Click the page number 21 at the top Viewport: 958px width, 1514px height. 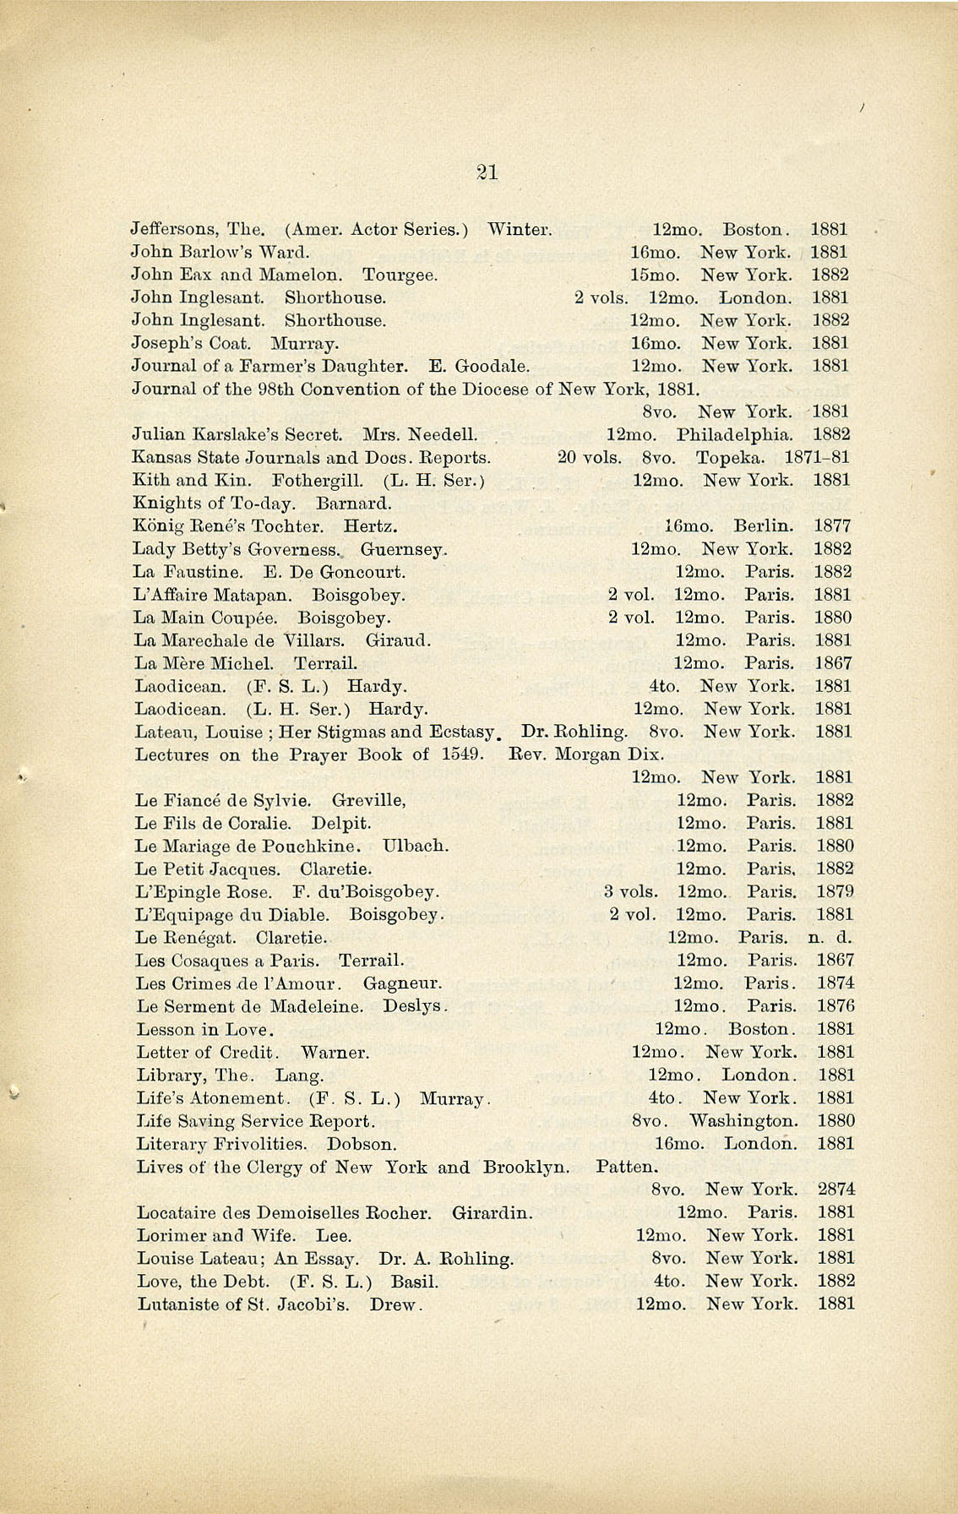tap(487, 172)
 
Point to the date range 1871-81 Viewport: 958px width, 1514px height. tap(817, 458)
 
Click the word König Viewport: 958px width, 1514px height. tap(155, 526)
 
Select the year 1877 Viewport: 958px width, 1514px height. tap(832, 526)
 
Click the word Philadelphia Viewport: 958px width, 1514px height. tap(734, 435)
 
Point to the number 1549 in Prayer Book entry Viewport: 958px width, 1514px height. tap(462, 754)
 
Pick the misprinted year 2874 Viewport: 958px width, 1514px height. tap(836, 1190)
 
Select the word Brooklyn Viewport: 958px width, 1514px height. tap(525, 1167)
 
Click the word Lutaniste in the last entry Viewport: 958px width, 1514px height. tap(173, 1304)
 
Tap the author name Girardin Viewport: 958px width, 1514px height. tap(493, 1213)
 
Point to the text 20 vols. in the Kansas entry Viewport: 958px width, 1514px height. tap(590, 458)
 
